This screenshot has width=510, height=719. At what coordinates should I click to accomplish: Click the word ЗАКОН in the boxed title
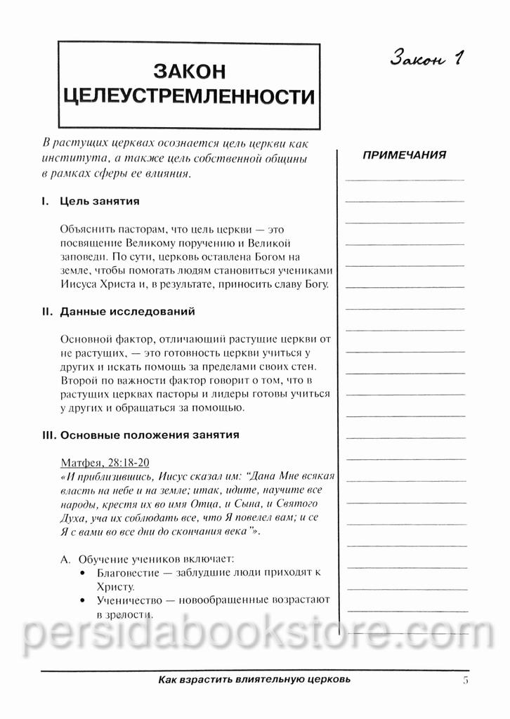pyautogui.click(x=188, y=71)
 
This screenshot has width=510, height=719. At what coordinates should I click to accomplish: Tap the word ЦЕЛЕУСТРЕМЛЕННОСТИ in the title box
pyautogui.click(x=188, y=97)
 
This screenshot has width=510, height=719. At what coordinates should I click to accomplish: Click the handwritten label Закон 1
pyautogui.click(x=428, y=59)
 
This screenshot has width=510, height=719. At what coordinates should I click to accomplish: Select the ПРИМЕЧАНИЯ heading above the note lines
pyautogui.click(x=404, y=155)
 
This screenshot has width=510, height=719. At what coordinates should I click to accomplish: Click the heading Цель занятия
pyautogui.click(x=100, y=202)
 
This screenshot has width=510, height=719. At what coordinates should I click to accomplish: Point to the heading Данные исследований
pyautogui.click(x=128, y=311)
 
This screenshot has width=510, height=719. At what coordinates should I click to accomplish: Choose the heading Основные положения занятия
pyautogui.click(x=150, y=435)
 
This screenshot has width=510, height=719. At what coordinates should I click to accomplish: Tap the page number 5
pyautogui.click(x=466, y=680)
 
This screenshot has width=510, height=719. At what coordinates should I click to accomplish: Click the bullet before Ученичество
pyautogui.click(x=84, y=600)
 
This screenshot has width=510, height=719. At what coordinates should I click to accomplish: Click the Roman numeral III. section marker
pyautogui.click(x=48, y=435)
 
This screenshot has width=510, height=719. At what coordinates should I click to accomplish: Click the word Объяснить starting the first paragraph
pyautogui.click(x=89, y=230)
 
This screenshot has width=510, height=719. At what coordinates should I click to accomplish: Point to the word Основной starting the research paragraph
pyautogui.click(x=87, y=339)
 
